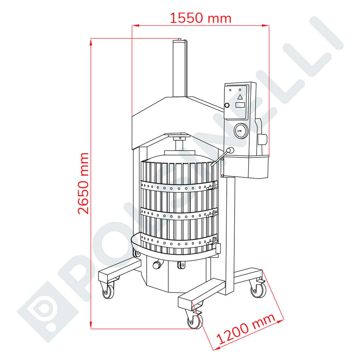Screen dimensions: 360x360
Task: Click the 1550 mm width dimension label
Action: [x=200, y=18]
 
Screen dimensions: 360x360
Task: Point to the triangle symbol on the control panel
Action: [x=240, y=97]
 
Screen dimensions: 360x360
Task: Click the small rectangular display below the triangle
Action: [x=240, y=105]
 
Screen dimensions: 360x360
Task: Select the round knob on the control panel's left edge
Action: [x=227, y=105]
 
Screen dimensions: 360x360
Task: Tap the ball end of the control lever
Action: [x=230, y=151]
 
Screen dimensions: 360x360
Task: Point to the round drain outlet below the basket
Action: [x=156, y=265]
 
